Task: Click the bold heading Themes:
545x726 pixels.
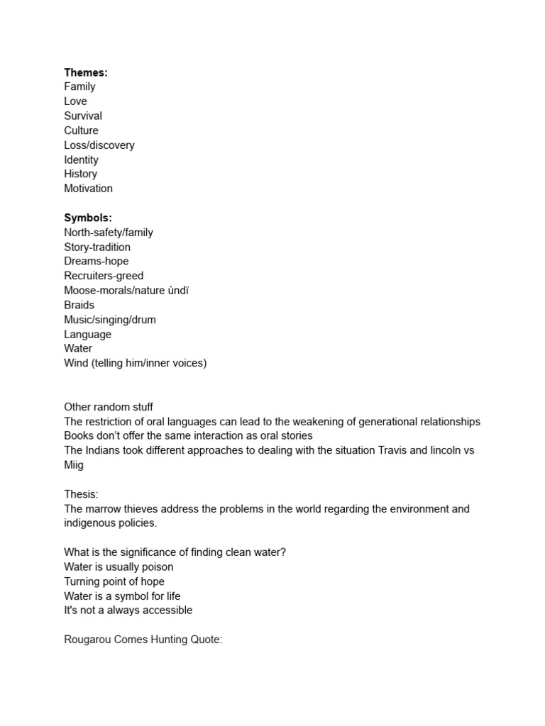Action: coord(85,72)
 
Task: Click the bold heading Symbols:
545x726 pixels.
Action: coord(88,218)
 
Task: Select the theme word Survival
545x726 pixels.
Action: coord(83,116)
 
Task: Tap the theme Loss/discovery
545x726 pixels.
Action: coord(99,145)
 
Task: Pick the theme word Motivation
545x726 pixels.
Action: coord(88,189)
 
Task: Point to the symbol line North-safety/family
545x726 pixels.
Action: coord(109,233)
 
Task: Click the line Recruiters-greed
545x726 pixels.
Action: coord(104,276)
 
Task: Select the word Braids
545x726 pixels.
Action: coord(79,305)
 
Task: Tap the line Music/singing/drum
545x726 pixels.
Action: coord(110,320)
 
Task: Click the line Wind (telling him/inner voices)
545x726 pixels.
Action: coord(135,363)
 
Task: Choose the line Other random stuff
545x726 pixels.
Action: coord(109,407)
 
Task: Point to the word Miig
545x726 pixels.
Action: coord(74,465)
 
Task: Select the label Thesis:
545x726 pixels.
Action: coord(81,494)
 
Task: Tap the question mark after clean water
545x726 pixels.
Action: coord(283,552)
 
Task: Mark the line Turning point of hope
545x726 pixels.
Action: coord(114,581)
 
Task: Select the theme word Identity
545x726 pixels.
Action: coord(81,160)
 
